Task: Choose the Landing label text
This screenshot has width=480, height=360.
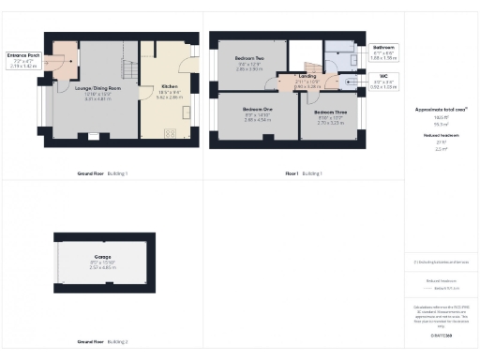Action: pyautogui.click(x=307, y=77)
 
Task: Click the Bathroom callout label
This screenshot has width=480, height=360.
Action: pyautogui.click(x=384, y=47)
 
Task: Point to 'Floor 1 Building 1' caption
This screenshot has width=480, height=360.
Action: pyautogui.click(x=303, y=173)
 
